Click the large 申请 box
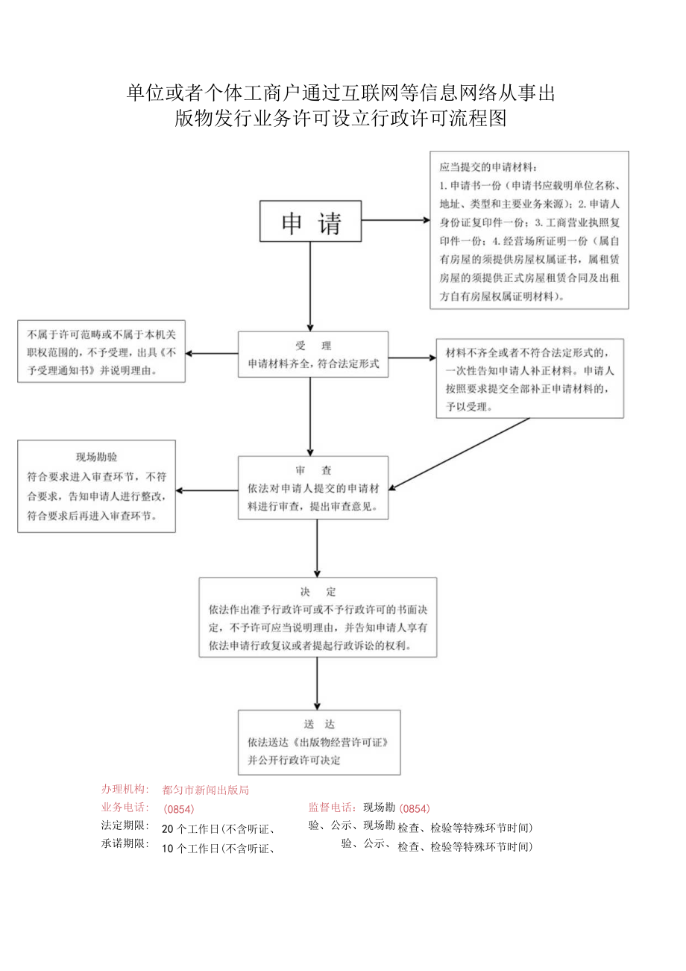click(x=310, y=222)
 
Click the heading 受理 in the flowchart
click(x=312, y=346)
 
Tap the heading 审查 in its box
click(x=313, y=471)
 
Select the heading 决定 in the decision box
click(x=318, y=592)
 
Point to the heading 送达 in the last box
click(x=319, y=724)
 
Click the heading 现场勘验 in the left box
click(x=96, y=457)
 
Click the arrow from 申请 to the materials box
click(x=395, y=221)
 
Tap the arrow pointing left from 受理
click(x=212, y=355)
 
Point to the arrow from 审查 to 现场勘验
click(x=207, y=491)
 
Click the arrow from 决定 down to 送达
click(x=318, y=683)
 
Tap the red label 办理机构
click(x=125, y=790)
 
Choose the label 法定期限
click(x=125, y=826)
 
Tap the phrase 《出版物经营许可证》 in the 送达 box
click(x=341, y=743)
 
